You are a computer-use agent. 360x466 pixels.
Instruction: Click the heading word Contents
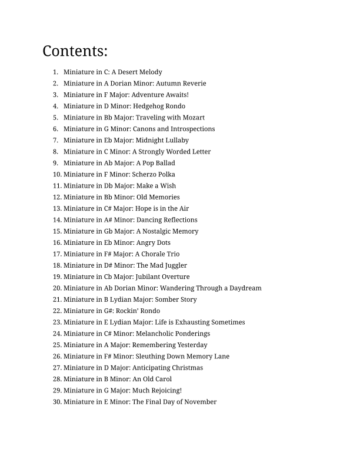pos(75,51)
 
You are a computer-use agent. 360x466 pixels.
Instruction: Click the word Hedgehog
pos(149,106)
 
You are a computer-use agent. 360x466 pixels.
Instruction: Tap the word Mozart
pos(194,118)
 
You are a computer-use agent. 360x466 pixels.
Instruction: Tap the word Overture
pos(176,277)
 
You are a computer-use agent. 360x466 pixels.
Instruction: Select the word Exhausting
pos(191,322)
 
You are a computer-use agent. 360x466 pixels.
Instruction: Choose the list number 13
pos(56,208)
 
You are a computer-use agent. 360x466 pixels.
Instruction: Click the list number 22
pos(56,311)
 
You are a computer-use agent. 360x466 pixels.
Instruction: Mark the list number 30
pos(56,402)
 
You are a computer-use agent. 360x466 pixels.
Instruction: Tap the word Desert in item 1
pos(128,72)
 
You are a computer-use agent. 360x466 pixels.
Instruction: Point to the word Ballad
pos(164,163)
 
